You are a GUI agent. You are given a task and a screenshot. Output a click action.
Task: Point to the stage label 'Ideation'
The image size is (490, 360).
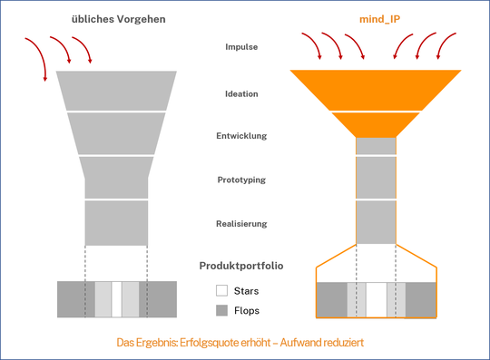point(245,92)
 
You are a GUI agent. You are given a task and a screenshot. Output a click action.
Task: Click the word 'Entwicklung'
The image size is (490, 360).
point(245,136)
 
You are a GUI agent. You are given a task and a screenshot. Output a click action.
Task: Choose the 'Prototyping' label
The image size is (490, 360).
point(245,180)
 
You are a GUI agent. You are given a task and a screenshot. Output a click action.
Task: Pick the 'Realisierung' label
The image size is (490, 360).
point(245,223)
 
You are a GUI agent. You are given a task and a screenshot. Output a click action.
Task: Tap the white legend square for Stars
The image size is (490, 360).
point(221,291)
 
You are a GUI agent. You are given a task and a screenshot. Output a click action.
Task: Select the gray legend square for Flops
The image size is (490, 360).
point(221,311)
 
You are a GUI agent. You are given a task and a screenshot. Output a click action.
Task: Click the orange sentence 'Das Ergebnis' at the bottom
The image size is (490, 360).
point(245,344)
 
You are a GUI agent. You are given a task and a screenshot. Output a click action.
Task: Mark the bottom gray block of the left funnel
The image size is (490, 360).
point(115,223)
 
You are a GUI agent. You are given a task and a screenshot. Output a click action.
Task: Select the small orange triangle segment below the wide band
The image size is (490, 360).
point(376,122)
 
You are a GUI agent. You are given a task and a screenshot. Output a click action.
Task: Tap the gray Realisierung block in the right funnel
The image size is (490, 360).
point(376,223)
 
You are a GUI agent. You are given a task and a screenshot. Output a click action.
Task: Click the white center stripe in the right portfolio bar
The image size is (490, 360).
point(376,300)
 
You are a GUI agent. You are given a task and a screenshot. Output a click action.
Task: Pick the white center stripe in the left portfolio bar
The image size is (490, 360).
point(116,298)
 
